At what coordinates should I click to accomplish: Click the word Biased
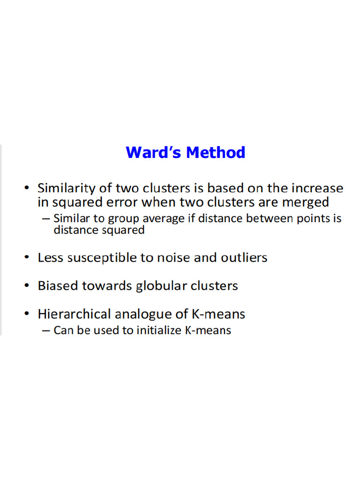point(58,285)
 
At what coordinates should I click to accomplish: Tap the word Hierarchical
point(75,314)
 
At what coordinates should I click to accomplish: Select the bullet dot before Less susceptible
point(28,258)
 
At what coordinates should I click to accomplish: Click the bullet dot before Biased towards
point(28,286)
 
